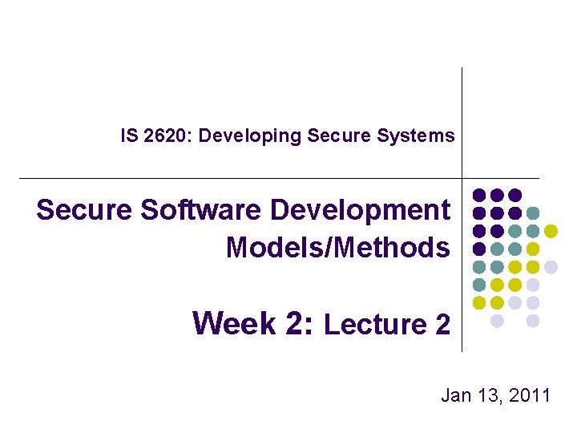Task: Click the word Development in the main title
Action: [x=361, y=210]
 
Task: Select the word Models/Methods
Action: [x=337, y=248]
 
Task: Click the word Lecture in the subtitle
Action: [x=373, y=325]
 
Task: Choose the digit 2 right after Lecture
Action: [x=442, y=325]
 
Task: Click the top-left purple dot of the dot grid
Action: [x=479, y=195]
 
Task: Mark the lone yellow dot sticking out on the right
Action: [x=551, y=231]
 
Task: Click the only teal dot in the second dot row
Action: [x=533, y=213]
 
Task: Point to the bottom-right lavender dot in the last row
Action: [x=533, y=321]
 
